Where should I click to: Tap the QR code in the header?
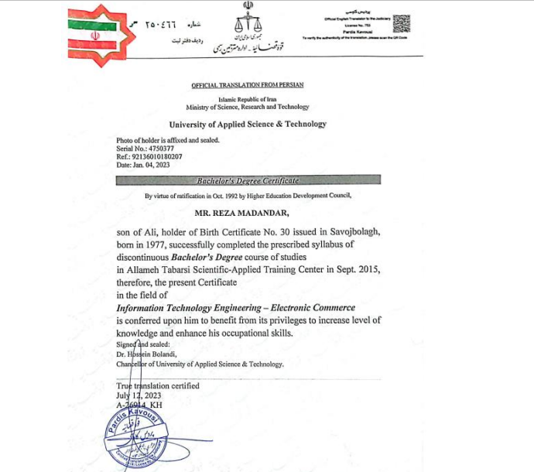[x=402, y=22]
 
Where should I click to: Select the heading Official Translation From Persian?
[x=248, y=84]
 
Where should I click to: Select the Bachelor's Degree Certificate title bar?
[x=248, y=180]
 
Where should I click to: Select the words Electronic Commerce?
[x=318, y=307]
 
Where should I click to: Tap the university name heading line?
[x=248, y=124]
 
